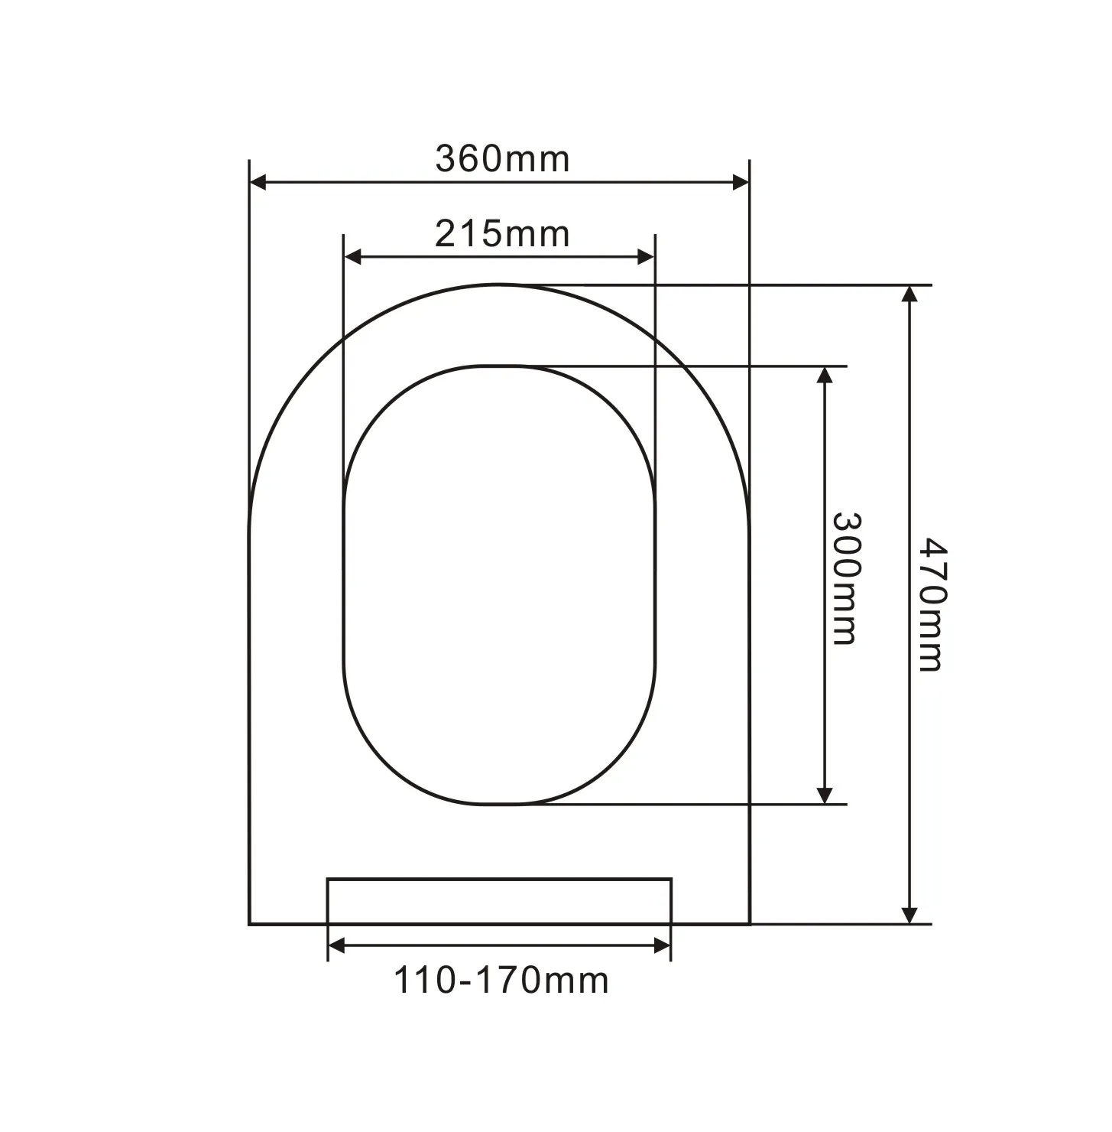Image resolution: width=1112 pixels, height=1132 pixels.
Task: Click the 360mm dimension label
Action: (502, 159)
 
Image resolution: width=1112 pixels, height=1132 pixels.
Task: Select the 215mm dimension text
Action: (502, 233)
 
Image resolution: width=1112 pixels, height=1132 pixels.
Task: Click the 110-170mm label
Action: (501, 980)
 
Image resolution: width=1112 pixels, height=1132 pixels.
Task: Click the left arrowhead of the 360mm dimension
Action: (258, 182)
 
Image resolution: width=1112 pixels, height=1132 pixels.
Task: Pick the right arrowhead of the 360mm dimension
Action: (741, 182)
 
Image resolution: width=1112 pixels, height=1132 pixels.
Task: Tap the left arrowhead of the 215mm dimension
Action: (352, 257)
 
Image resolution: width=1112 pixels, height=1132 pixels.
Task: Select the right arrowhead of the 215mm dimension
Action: (646, 257)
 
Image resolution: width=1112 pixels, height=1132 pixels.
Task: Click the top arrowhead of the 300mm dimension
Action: (825, 375)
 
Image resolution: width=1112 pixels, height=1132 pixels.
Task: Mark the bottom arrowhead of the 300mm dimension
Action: (825, 795)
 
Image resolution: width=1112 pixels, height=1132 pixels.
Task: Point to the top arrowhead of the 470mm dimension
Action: (909, 294)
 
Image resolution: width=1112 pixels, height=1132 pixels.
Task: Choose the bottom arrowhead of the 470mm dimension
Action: (909, 915)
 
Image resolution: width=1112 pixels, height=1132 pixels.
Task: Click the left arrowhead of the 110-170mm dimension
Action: (336, 946)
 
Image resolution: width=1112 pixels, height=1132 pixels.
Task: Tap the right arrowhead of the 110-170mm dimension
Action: (663, 946)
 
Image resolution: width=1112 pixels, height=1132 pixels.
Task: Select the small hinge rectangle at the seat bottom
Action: (499, 901)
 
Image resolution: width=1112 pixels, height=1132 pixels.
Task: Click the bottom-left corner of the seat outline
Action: (250, 924)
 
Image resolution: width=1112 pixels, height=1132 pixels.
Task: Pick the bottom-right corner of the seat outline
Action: (749, 924)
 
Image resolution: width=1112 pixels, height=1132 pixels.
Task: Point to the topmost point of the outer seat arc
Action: (499, 285)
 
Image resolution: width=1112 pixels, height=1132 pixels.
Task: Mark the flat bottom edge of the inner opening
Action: (499, 804)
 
